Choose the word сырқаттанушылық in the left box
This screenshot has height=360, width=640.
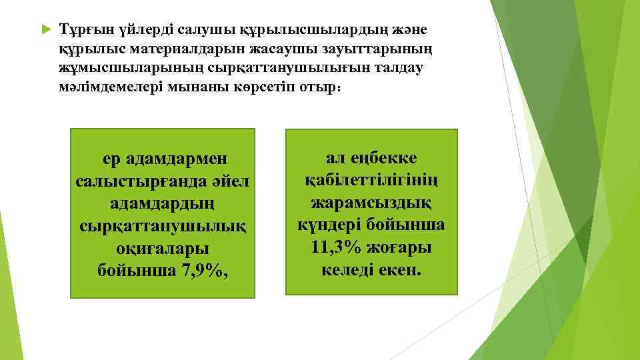pyautogui.click(x=162, y=226)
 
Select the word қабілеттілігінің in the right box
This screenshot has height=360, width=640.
pyautogui.click(x=372, y=181)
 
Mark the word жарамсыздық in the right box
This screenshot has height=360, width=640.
pyautogui.click(x=372, y=203)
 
